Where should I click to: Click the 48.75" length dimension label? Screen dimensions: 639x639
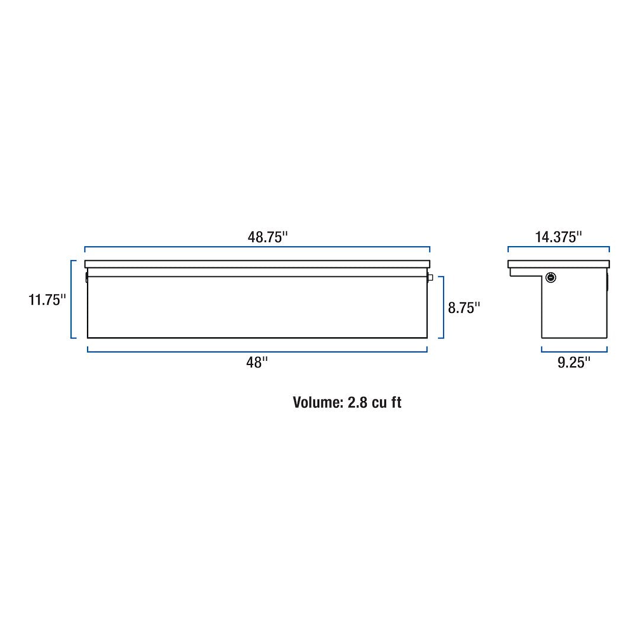click(267, 237)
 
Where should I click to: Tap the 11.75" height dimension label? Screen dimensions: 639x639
click(45, 300)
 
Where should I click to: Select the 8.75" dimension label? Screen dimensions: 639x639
click(464, 308)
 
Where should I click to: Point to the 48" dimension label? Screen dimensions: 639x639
click(257, 363)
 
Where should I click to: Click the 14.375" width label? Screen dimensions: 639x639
click(559, 237)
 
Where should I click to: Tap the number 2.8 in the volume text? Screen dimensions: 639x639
click(358, 402)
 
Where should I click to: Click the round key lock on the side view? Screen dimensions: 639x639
click(551, 277)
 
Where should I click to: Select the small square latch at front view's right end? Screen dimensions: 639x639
click(430, 277)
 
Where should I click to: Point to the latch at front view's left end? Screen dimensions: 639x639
click(86, 277)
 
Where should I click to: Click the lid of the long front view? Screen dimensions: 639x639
click(257, 264)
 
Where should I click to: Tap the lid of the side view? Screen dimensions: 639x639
click(559, 264)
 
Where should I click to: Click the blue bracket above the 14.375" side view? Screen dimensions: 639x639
click(559, 247)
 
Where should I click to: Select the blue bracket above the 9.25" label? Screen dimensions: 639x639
click(574, 351)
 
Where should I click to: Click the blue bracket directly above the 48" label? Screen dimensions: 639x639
click(257, 351)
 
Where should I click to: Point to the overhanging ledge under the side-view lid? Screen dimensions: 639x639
click(525, 272)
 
